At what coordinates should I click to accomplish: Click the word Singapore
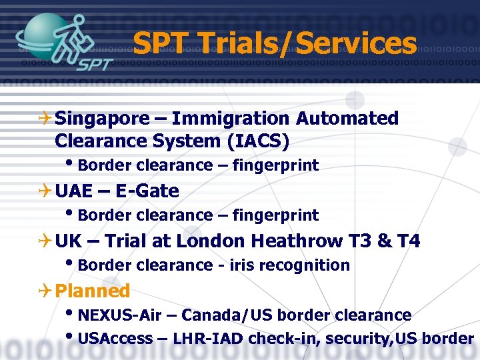coord(103,119)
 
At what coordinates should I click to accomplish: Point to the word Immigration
coord(231,119)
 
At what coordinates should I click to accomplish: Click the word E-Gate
coord(147,191)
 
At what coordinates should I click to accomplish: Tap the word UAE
coord(75,191)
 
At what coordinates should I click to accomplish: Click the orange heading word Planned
coord(92,291)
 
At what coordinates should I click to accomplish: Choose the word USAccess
coord(115,338)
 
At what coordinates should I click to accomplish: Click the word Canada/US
coord(230,315)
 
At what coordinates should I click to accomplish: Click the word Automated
coord(347,119)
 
